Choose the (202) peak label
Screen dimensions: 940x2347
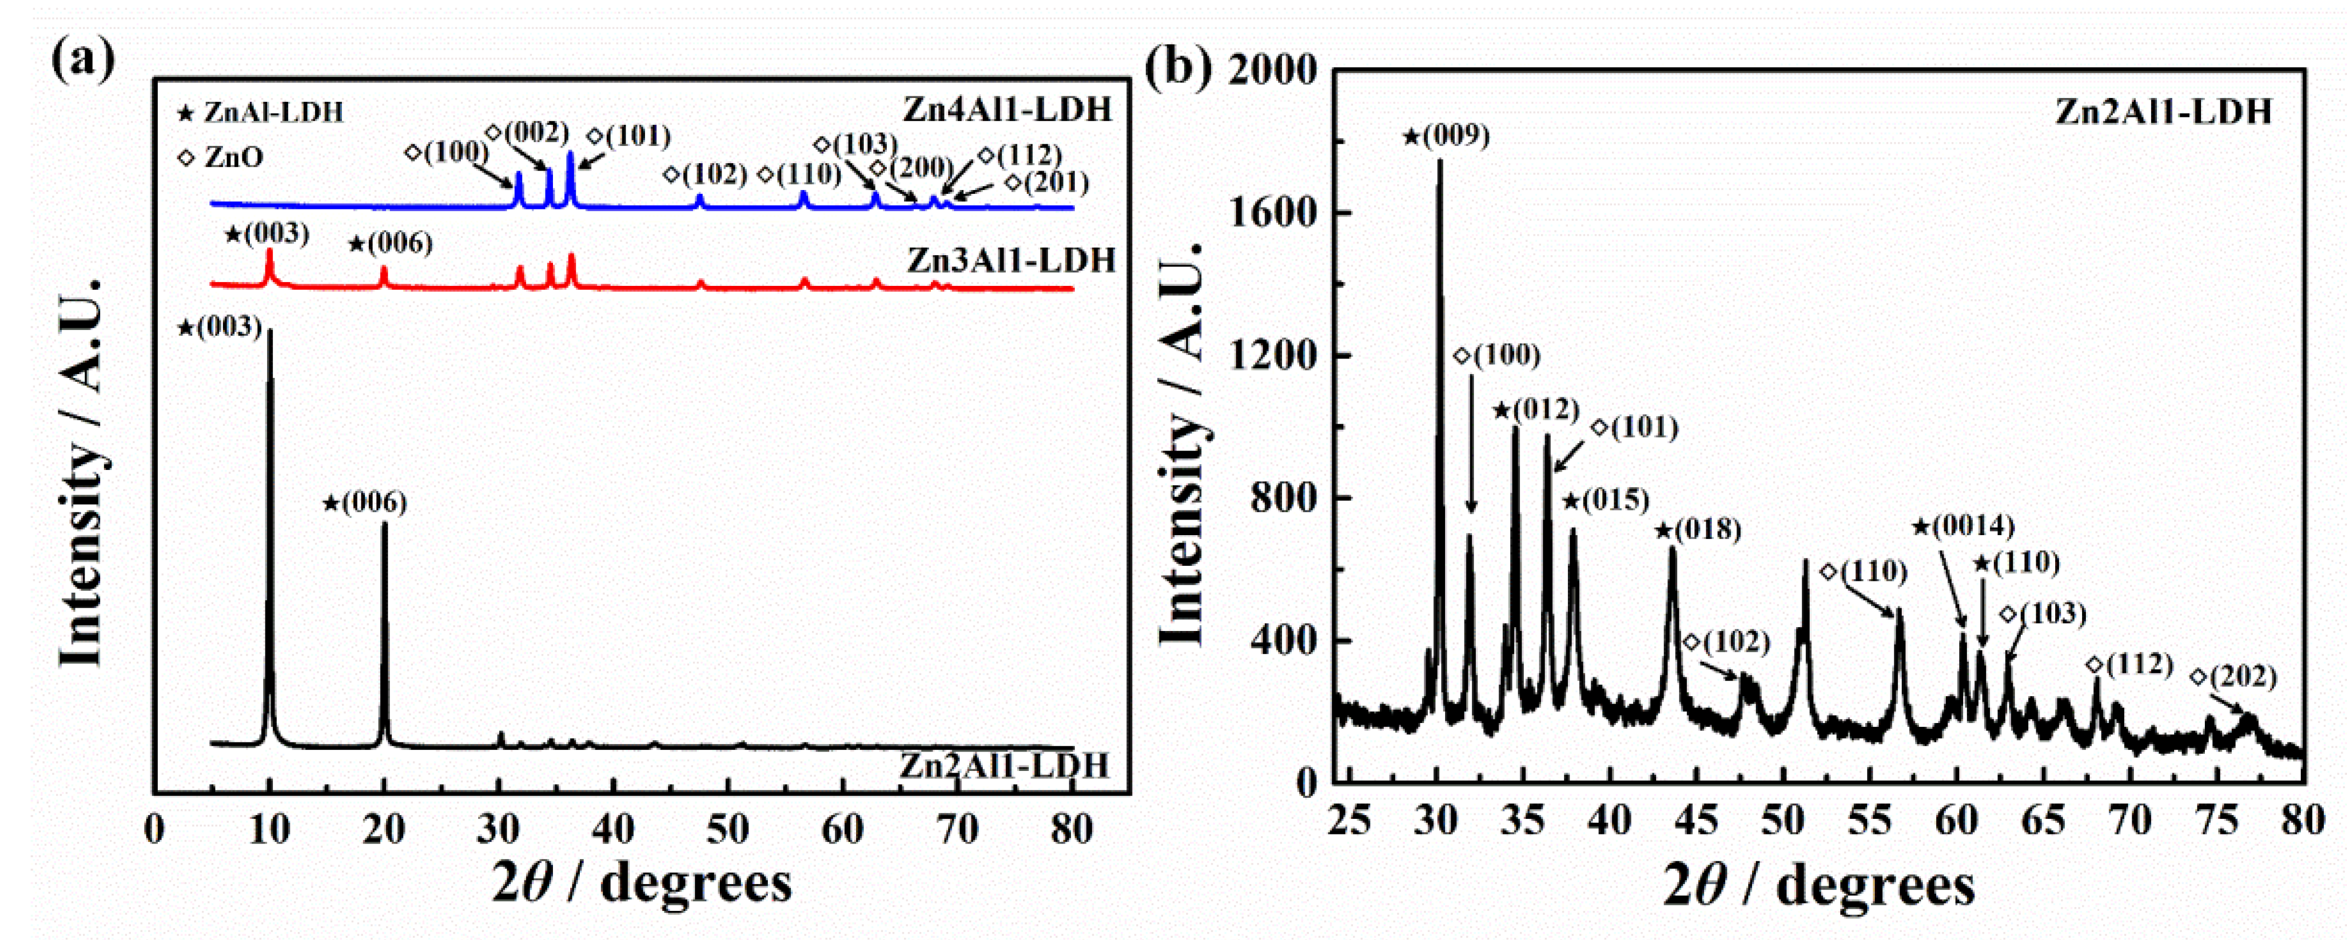[x=2234, y=677]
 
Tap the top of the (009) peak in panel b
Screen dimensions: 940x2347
[x=1440, y=161]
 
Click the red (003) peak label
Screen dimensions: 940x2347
[x=267, y=234]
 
